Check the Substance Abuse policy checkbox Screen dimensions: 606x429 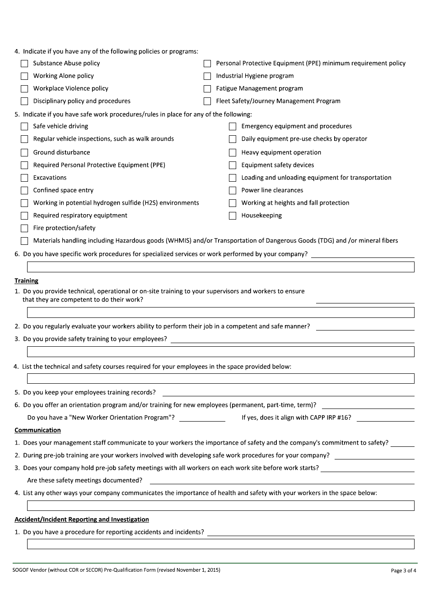pyautogui.click(x=24, y=64)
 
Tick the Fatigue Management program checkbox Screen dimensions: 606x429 pyautogui.click(x=207, y=89)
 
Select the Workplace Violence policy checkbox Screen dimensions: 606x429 pyautogui.click(x=24, y=89)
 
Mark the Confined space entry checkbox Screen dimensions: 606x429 pyautogui.click(x=24, y=191)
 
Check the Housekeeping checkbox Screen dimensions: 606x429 pyautogui.click(x=233, y=216)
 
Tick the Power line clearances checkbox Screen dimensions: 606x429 pyautogui.click(x=233, y=191)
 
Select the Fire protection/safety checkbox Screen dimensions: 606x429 pyautogui.click(x=24, y=229)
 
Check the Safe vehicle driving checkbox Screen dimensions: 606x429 pyautogui.click(x=24, y=127)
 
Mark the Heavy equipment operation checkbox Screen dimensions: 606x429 pyautogui.click(x=233, y=153)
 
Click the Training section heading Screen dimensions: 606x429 pyautogui.click(x=26, y=280)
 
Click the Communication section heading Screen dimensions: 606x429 pyautogui.click(x=37, y=430)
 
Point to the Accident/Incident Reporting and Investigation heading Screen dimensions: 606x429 pyautogui.click(x=82, y=519)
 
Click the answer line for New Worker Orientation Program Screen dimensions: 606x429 pyautogui.click(x=202, y=418)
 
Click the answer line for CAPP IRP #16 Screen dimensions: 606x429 pyautogui.click(x=385, y=418)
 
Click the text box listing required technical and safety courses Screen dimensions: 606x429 pyautogui.click(x=220, y=378)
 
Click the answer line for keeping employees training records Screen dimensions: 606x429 pyautogui.click(x=288, y=393)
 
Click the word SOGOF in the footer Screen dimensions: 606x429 pyautogui.click(x=21, y=570)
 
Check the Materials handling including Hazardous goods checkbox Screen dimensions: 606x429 pyautogui.click(x=24, y=241)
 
